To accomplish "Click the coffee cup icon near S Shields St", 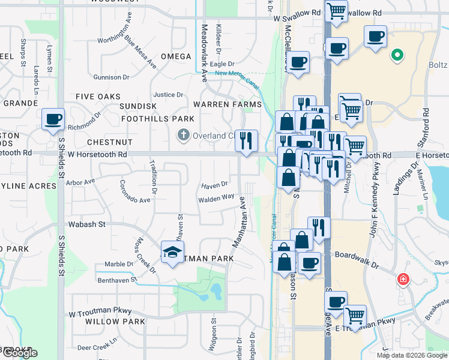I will pos(53,119).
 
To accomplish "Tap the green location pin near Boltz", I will pos(396,56).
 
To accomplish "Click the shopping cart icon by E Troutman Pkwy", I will pos(356,314).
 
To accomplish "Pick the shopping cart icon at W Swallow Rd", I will pos(337,10).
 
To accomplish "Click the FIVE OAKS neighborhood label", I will pos(98,97).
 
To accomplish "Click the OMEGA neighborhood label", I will pos(175,57).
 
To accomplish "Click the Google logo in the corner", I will pos(19,353).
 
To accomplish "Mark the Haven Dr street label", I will pos(215,185).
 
